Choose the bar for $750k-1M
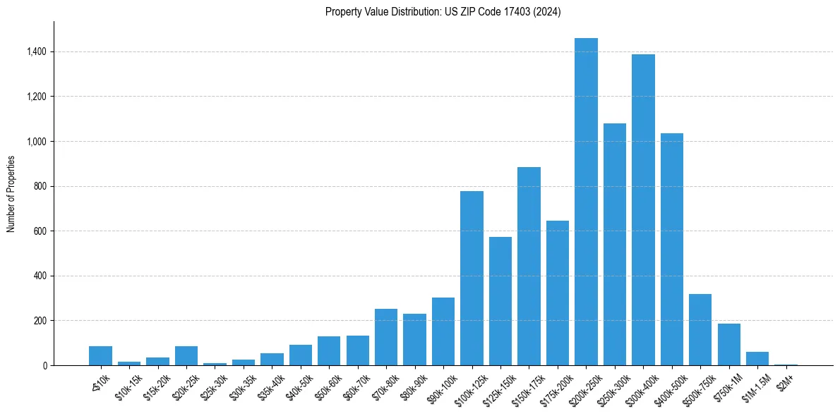(x=728, y=345)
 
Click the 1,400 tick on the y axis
(x=37, y=51)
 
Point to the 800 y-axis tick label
(x=41, y=186)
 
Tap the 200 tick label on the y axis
(x=41, y=321)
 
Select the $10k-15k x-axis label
(x=128, y=387)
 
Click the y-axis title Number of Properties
(x=11, y=193)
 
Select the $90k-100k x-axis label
(x=441, y=387)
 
